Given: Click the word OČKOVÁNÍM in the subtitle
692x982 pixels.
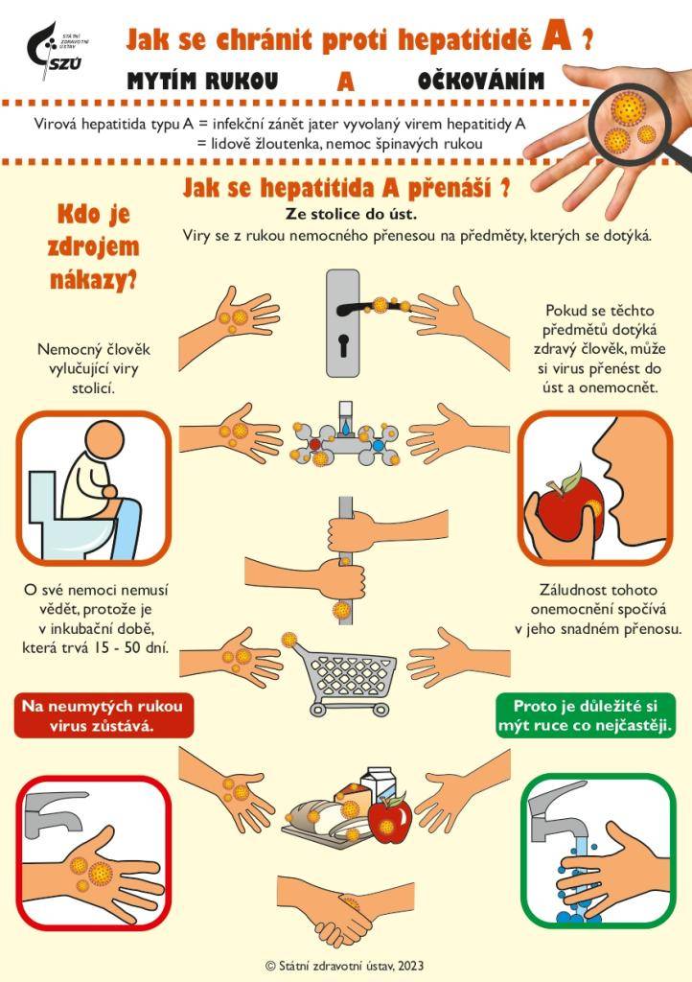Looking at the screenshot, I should (x=480, y=82).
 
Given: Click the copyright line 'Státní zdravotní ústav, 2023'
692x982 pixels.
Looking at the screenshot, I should (x=344, y=965).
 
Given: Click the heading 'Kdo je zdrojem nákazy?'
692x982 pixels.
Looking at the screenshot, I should (x=93, y=246).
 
